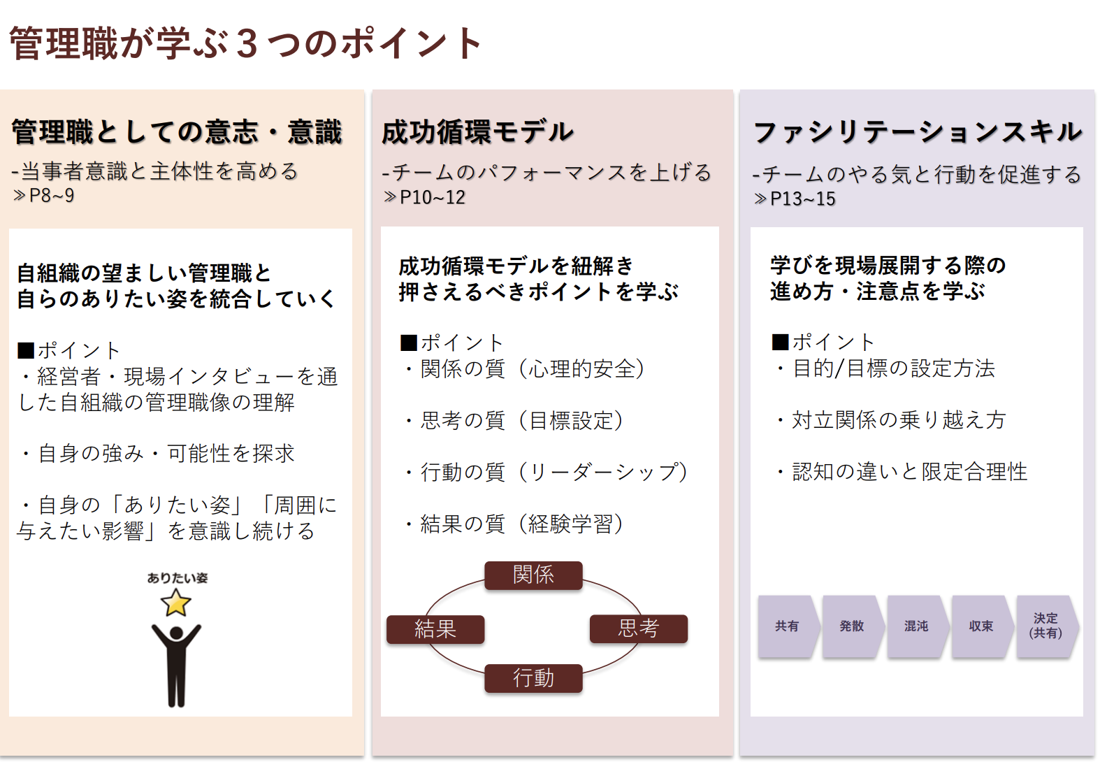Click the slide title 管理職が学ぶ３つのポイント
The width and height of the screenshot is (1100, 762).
246,43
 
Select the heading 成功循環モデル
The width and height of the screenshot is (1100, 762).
478,132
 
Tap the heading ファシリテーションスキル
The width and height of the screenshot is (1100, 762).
917,132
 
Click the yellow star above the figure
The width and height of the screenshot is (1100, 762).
176,603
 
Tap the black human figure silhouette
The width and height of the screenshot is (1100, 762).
176,664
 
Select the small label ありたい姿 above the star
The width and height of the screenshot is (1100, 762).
177,578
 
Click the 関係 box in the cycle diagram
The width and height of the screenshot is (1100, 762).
533,575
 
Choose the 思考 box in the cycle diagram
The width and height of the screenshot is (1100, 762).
638,628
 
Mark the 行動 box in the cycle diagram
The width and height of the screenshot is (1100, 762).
533,678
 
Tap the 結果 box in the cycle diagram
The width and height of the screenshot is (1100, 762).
435,629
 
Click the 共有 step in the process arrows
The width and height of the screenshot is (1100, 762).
787,626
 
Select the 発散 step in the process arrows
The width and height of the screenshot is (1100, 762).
851,626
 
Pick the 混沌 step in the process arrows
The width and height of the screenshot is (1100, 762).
916,626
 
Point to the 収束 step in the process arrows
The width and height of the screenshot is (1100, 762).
980,626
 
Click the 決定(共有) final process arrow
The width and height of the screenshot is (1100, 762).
1045,626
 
